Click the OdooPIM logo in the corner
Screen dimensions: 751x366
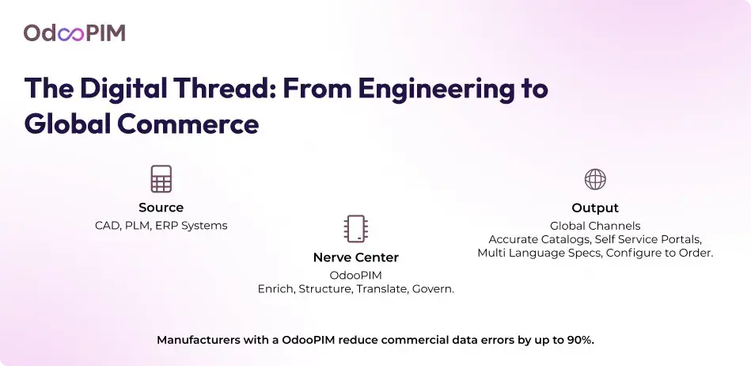74,33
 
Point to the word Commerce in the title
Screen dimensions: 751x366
188,124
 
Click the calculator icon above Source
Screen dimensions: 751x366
161,179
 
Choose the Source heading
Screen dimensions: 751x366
161,208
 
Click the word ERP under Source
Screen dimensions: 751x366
166,226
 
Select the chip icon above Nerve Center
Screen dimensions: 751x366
356,228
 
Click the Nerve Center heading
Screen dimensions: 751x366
356,257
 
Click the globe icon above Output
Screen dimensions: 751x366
595,179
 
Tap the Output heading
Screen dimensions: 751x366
595,208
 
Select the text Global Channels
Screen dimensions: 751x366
595,226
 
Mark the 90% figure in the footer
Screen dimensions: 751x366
582,341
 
